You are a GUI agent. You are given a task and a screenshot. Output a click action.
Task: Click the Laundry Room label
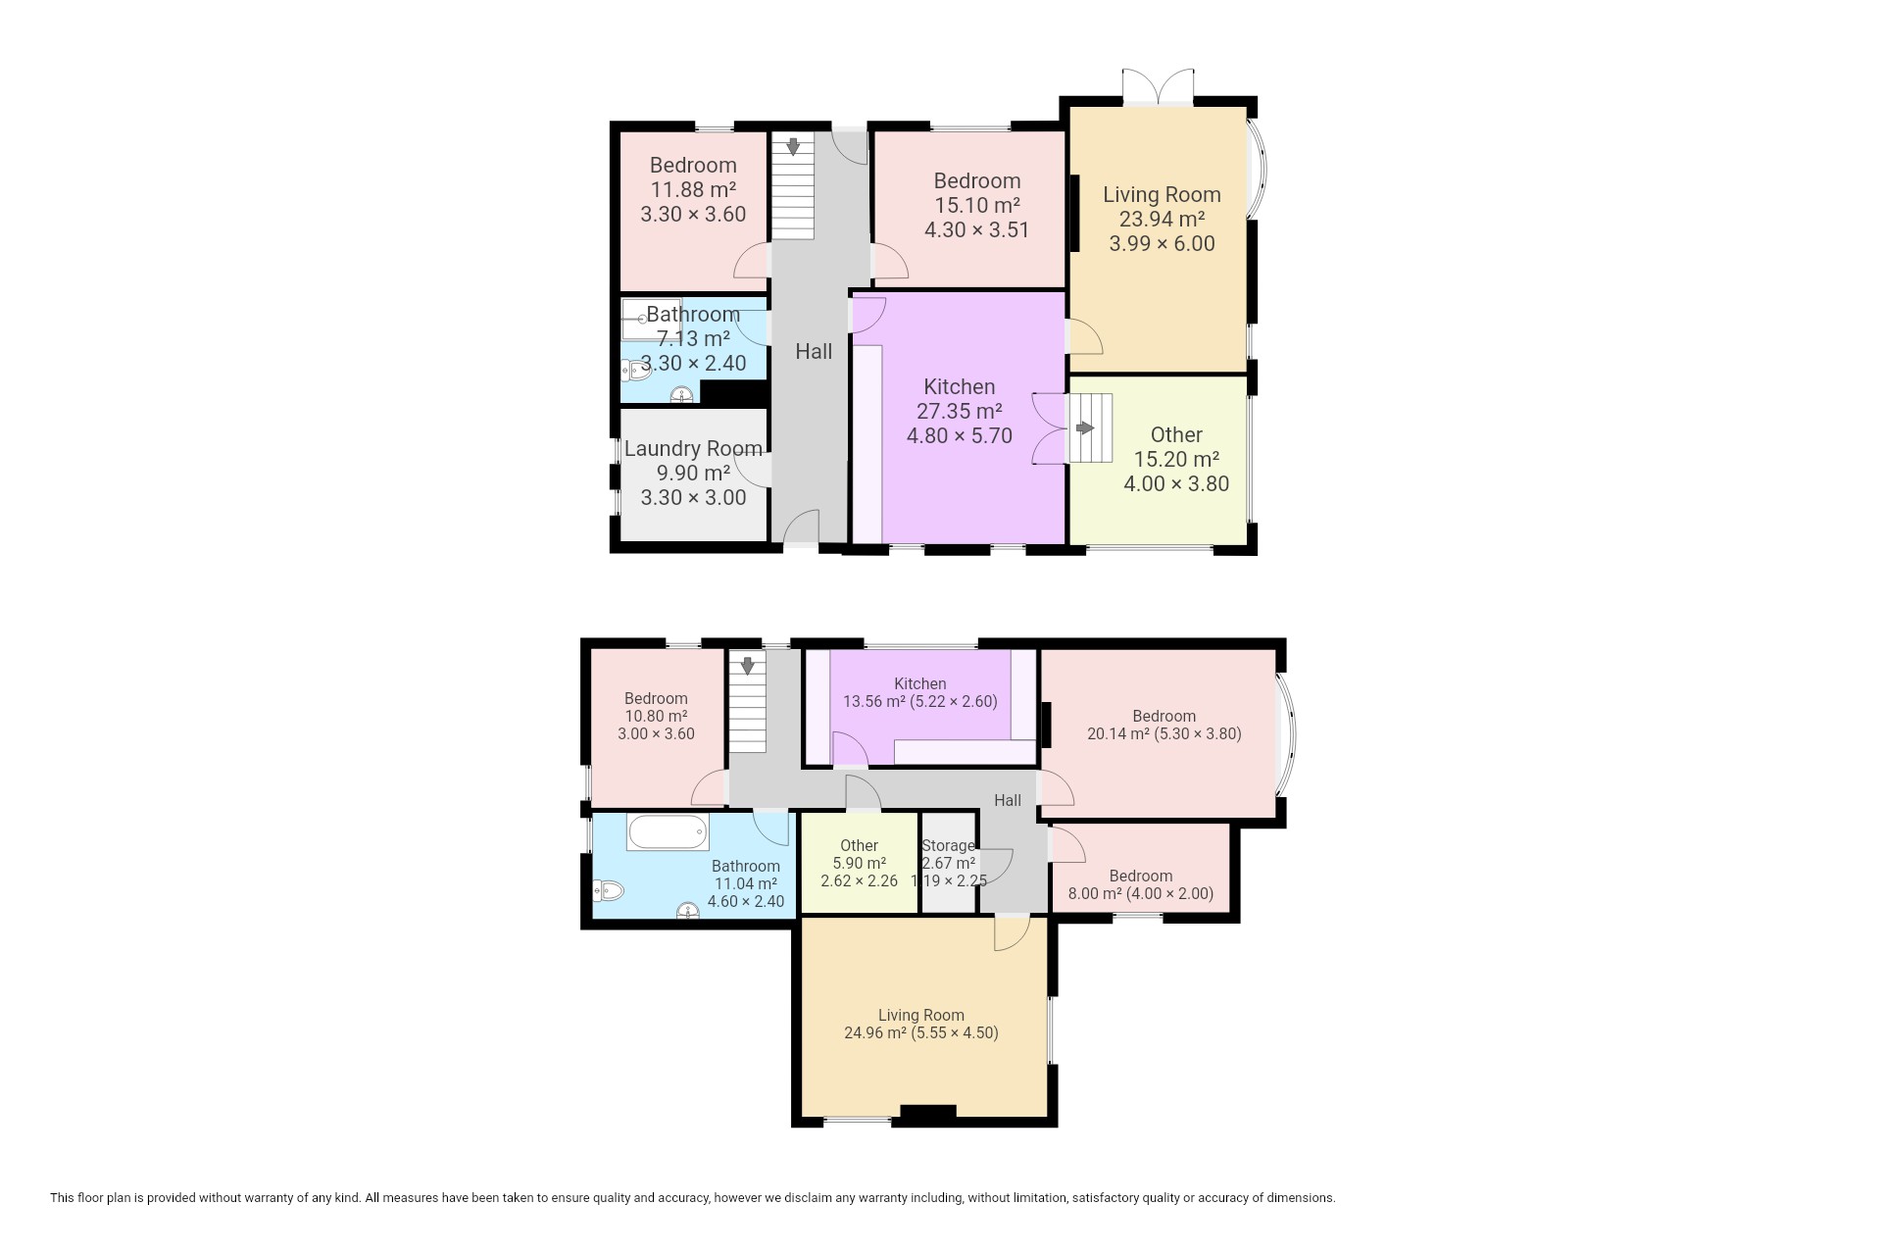(x=693, y=449)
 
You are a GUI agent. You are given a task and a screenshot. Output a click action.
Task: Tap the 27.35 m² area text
(x=959, y=412)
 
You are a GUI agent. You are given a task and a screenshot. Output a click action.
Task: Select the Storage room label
(x=948, y=845)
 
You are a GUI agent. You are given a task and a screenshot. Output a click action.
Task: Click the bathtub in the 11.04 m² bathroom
(x=668, y=832)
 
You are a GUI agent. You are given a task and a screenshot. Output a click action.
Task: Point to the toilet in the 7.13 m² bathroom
(x=636, y=370)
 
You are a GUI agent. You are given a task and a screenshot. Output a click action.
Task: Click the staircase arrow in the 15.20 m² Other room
(x=1085, y=428)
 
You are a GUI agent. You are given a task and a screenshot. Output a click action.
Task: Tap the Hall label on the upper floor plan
(x=814, y=351)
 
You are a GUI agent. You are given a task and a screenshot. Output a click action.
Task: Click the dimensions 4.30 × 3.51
(x=976, y=230)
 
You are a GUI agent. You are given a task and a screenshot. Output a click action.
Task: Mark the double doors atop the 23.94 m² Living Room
(x=1159, y=86)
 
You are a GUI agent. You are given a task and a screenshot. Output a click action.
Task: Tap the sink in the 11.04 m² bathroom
(x=689, y=912)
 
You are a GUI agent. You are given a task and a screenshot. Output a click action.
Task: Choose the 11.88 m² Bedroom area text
(x=693, y=190)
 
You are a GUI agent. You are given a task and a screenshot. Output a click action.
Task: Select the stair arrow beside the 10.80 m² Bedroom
(x=748, y=666)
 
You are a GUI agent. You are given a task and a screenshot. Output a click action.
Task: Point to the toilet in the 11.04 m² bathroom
(x=609, y=891)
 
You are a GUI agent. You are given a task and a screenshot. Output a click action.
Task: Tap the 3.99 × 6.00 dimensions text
(x=1162, y=244)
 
